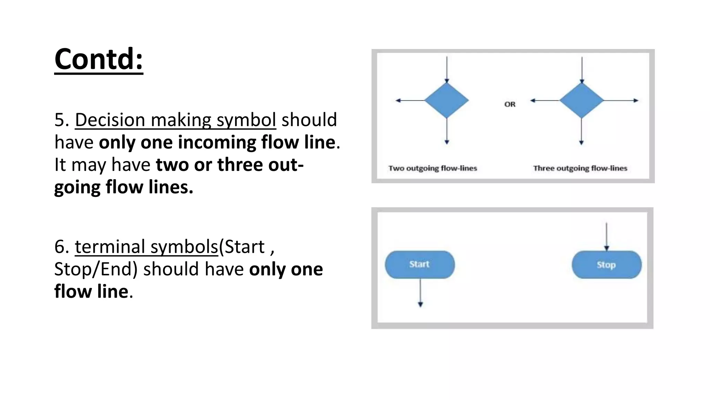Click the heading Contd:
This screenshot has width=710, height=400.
[99, 59]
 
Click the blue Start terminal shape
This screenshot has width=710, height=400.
[419, 265]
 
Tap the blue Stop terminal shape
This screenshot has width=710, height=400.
[606, 265]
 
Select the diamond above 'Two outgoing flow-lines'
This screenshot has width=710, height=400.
[447, 100]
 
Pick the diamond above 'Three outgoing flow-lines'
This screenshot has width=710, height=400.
[581, 100]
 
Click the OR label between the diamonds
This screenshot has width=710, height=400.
[510, 104]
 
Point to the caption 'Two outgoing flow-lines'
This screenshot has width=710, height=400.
[433, 168]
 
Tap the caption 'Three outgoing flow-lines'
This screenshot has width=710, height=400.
[580, 168]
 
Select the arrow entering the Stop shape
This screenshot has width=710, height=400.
[606, 236]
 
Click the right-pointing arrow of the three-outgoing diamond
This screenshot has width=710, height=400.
[621, 100]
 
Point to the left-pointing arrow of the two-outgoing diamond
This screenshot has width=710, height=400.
[410, 100]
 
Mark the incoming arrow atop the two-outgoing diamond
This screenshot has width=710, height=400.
[447, 69]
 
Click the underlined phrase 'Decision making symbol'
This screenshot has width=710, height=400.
[175, 120]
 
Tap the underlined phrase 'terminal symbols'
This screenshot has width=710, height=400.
[146, 247]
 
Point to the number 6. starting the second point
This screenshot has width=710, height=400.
[62, 247]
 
